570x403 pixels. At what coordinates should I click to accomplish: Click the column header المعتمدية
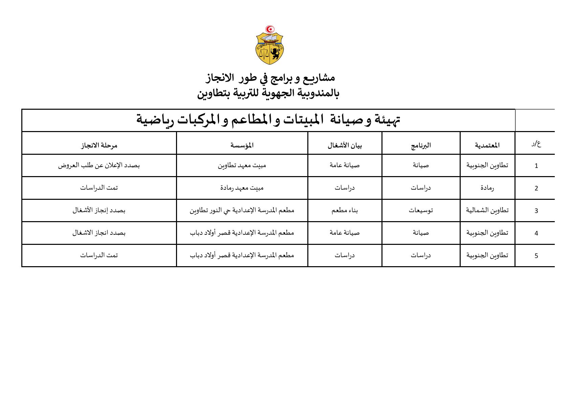tap(487, 145)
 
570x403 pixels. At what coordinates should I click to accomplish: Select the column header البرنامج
tap(421, 145)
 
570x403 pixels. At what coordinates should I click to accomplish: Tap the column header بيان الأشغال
tap(345, 145)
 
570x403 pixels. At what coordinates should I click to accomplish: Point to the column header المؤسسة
tap(242, 145)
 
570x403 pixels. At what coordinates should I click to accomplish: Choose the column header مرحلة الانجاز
tap(99, 145)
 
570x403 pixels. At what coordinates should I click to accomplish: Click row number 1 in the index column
tap(536, 166)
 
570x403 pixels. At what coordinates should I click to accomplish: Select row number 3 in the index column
tap(536, 211)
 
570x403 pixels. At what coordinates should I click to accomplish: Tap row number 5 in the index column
tap(536, 256)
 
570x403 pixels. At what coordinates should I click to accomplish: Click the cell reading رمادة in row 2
tap(487, 188)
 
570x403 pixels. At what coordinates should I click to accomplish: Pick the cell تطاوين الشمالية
tap(487, 210)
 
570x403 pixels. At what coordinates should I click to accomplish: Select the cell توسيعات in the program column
tap(421, 210)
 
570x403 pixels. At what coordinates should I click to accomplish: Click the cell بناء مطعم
tap(345, 210)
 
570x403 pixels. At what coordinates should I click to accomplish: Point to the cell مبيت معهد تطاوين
tap(242, 165)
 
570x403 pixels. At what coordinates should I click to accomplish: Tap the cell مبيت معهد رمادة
tap(242, 188)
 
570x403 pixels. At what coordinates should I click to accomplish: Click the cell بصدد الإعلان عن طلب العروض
tap(99, 165)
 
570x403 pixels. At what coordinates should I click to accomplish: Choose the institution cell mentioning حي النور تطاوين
tap(242, 210)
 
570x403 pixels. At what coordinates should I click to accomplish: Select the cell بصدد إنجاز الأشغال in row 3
tap(99, 210)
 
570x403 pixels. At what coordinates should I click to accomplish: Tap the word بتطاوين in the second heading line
tap(212, 93)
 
